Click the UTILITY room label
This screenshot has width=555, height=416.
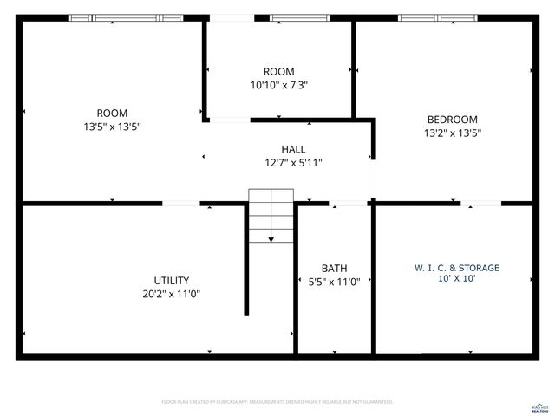[172, 280]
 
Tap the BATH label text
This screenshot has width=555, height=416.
[334, 268]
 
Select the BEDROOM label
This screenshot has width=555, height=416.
[453, 120]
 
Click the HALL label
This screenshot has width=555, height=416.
[293, 149]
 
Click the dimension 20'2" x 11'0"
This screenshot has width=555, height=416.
[172, 294]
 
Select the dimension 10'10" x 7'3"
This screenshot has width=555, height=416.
[279, 85]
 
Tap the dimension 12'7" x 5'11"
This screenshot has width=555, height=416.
[293, 162]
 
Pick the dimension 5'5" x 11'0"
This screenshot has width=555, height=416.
[335, 282]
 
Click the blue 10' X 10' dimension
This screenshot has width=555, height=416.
[457, 279]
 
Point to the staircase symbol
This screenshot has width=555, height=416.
[271, 215]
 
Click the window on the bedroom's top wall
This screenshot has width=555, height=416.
[437, 17]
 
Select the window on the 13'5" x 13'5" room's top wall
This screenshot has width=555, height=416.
[126, 17]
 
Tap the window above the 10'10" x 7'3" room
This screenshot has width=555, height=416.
[298, 17]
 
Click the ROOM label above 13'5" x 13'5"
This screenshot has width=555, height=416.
[112, 113]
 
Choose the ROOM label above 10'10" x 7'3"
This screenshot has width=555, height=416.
[279, 71]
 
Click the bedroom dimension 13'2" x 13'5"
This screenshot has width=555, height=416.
[453, 133]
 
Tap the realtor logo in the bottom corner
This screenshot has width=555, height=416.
[539, 406]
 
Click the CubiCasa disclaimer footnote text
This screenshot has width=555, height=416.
[277, 402]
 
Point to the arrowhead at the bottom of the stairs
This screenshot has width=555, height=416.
[271, 240]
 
